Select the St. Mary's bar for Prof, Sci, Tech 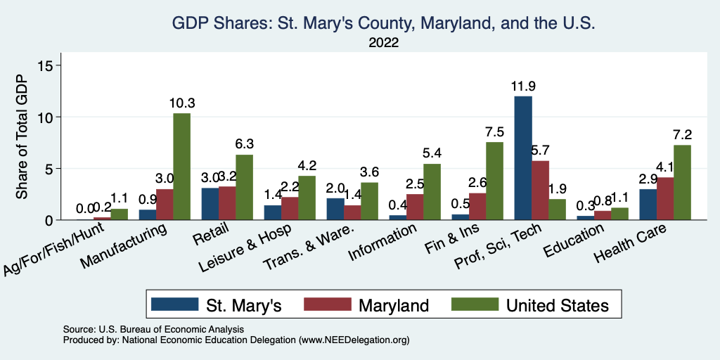pos(523,158)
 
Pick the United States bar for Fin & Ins pos(494,181)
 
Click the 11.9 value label pos(523,87)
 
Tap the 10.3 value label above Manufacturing pos(182,103)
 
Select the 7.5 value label pos(494,132)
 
